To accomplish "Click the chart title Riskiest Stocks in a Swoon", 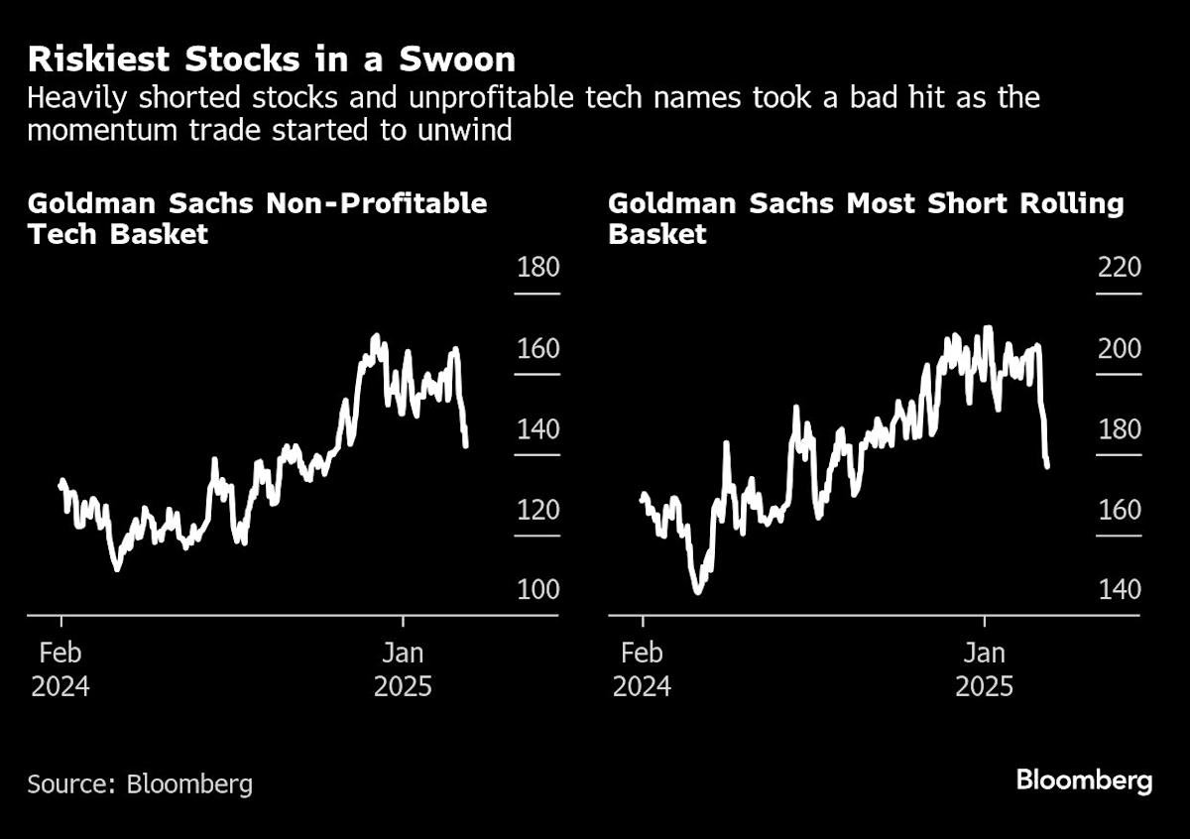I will [x=271, y=60].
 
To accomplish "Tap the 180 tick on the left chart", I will [x=537, y=269].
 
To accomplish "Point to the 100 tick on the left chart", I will [x=537, y=590].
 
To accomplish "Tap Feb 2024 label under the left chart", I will [x=60, y=668].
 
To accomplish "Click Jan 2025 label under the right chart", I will [x=985, y=668].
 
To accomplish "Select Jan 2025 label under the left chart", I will [x=403, y=668].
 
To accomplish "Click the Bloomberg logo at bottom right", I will [x=1084, y=780].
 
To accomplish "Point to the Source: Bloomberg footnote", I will [x=140, y=784].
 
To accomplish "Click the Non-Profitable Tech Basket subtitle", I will [x=257, y=218].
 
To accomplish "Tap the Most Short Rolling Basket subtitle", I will [x=865, y=218].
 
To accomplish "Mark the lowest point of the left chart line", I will [x=117, y=569].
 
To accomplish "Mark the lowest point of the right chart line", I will [x=697, y=592].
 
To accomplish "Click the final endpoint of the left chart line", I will [x=466, y=445].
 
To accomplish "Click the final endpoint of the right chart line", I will [x=1047, y=466].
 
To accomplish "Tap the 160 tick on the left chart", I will [x=537, y=349].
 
